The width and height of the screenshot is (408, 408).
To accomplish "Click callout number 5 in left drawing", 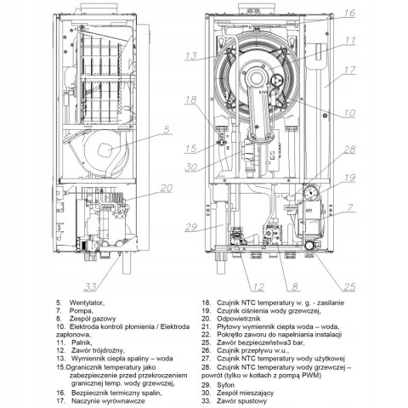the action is pyautogui.click(x=167, y=130).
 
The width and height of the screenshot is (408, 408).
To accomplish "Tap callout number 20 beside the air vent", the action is pyautogui.click(x=167, y=188).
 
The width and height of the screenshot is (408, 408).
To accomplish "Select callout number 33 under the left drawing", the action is pyautogui.click(x=90, y=287).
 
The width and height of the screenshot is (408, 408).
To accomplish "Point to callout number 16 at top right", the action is pyautogui.click(x=349, y=13).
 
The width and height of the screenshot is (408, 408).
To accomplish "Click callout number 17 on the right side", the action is pyautogui.click(x=350, y=70).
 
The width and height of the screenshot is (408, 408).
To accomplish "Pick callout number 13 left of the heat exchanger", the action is pyautogui.click(x=190, y=55).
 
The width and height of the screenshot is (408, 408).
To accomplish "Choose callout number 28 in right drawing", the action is pyautogui.click(x=349, y=150).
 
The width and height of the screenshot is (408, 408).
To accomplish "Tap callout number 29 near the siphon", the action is pyautogui.click(x=190, y=227).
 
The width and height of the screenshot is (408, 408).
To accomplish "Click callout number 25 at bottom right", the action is pyautogui.click(x=349, y=287).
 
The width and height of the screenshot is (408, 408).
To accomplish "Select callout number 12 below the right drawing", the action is pyautogui.click(x=258, y=287).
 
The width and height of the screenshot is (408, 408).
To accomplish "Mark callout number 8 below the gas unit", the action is pyautogui.click(x=295, y=287).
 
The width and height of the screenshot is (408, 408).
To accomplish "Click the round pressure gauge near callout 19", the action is pyautogui.click(x=311, y=192).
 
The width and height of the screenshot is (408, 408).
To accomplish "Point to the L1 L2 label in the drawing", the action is pyautogui.click(x=272, y=156).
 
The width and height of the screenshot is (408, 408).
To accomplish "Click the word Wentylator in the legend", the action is pyautogui.click(x=87, y=303).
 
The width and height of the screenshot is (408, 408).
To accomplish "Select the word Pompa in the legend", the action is pyautogui.click(x=81, y=310).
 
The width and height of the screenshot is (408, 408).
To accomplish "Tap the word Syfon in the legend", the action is pyautogui.click(x=226, y=385).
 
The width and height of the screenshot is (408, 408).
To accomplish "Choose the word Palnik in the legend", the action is pyautogui.click(x=82, y=343).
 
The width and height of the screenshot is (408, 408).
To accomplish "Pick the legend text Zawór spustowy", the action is pyautogui.click(x=242, y=401).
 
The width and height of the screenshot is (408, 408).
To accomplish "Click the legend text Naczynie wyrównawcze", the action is pyautogui.click(x=108, y=401).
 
